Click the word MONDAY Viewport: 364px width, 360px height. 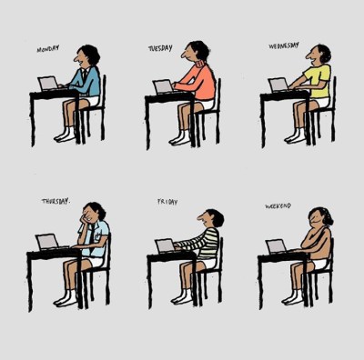(x=48, y=48)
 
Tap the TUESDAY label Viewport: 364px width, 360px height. (x=160, y=48)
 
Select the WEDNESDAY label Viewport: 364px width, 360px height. (x=284, y=45)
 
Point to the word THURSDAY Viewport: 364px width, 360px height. (x=56, y=201)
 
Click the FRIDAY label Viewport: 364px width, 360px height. (x=167, y=202)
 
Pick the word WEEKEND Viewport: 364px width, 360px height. (x=278, y=206)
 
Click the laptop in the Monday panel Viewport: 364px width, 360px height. (x=48, y=84)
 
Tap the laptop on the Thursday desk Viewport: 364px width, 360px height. (x=47, y=242)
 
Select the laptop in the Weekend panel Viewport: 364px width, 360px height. (x=277, y=246)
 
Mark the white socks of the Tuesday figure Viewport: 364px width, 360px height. (x=180, y=138)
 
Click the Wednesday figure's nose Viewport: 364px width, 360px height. (x=309, y=55)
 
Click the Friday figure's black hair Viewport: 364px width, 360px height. (x=216, y=217)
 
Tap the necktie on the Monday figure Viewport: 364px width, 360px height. (x=85, y=75)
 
